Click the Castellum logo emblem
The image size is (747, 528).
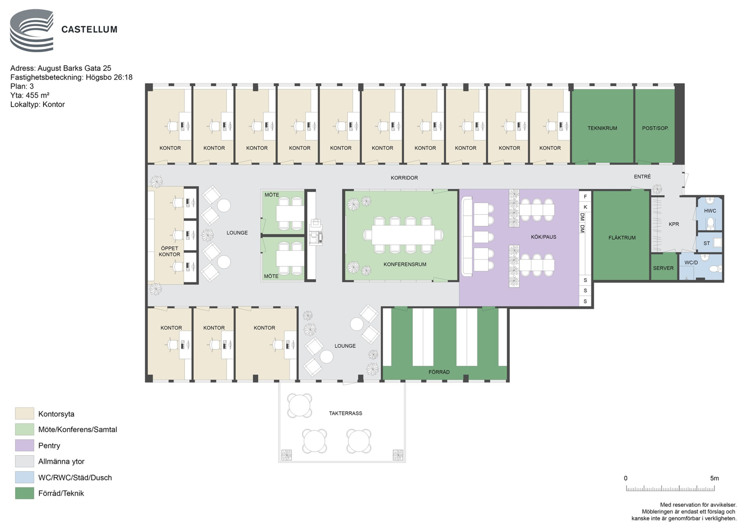32,31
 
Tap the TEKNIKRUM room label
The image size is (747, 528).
602,128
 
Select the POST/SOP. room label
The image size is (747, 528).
656,128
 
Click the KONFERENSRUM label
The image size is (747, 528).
405,264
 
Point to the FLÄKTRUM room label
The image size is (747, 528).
622,238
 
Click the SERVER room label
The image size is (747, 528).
663,268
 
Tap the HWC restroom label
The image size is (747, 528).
710,211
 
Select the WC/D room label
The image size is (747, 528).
691,263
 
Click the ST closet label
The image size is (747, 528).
707,243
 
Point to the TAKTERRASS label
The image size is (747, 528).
345,413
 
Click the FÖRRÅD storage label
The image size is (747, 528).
439,372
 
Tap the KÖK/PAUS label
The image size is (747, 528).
543,237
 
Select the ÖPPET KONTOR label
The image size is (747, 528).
169,251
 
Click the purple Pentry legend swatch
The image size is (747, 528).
24,445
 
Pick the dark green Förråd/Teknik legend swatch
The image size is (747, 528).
24,493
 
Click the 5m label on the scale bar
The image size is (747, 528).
714,478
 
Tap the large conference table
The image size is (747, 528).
403,235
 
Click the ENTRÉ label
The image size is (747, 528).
642,176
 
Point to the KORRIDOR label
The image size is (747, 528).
404,178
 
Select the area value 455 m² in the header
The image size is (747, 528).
37,95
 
